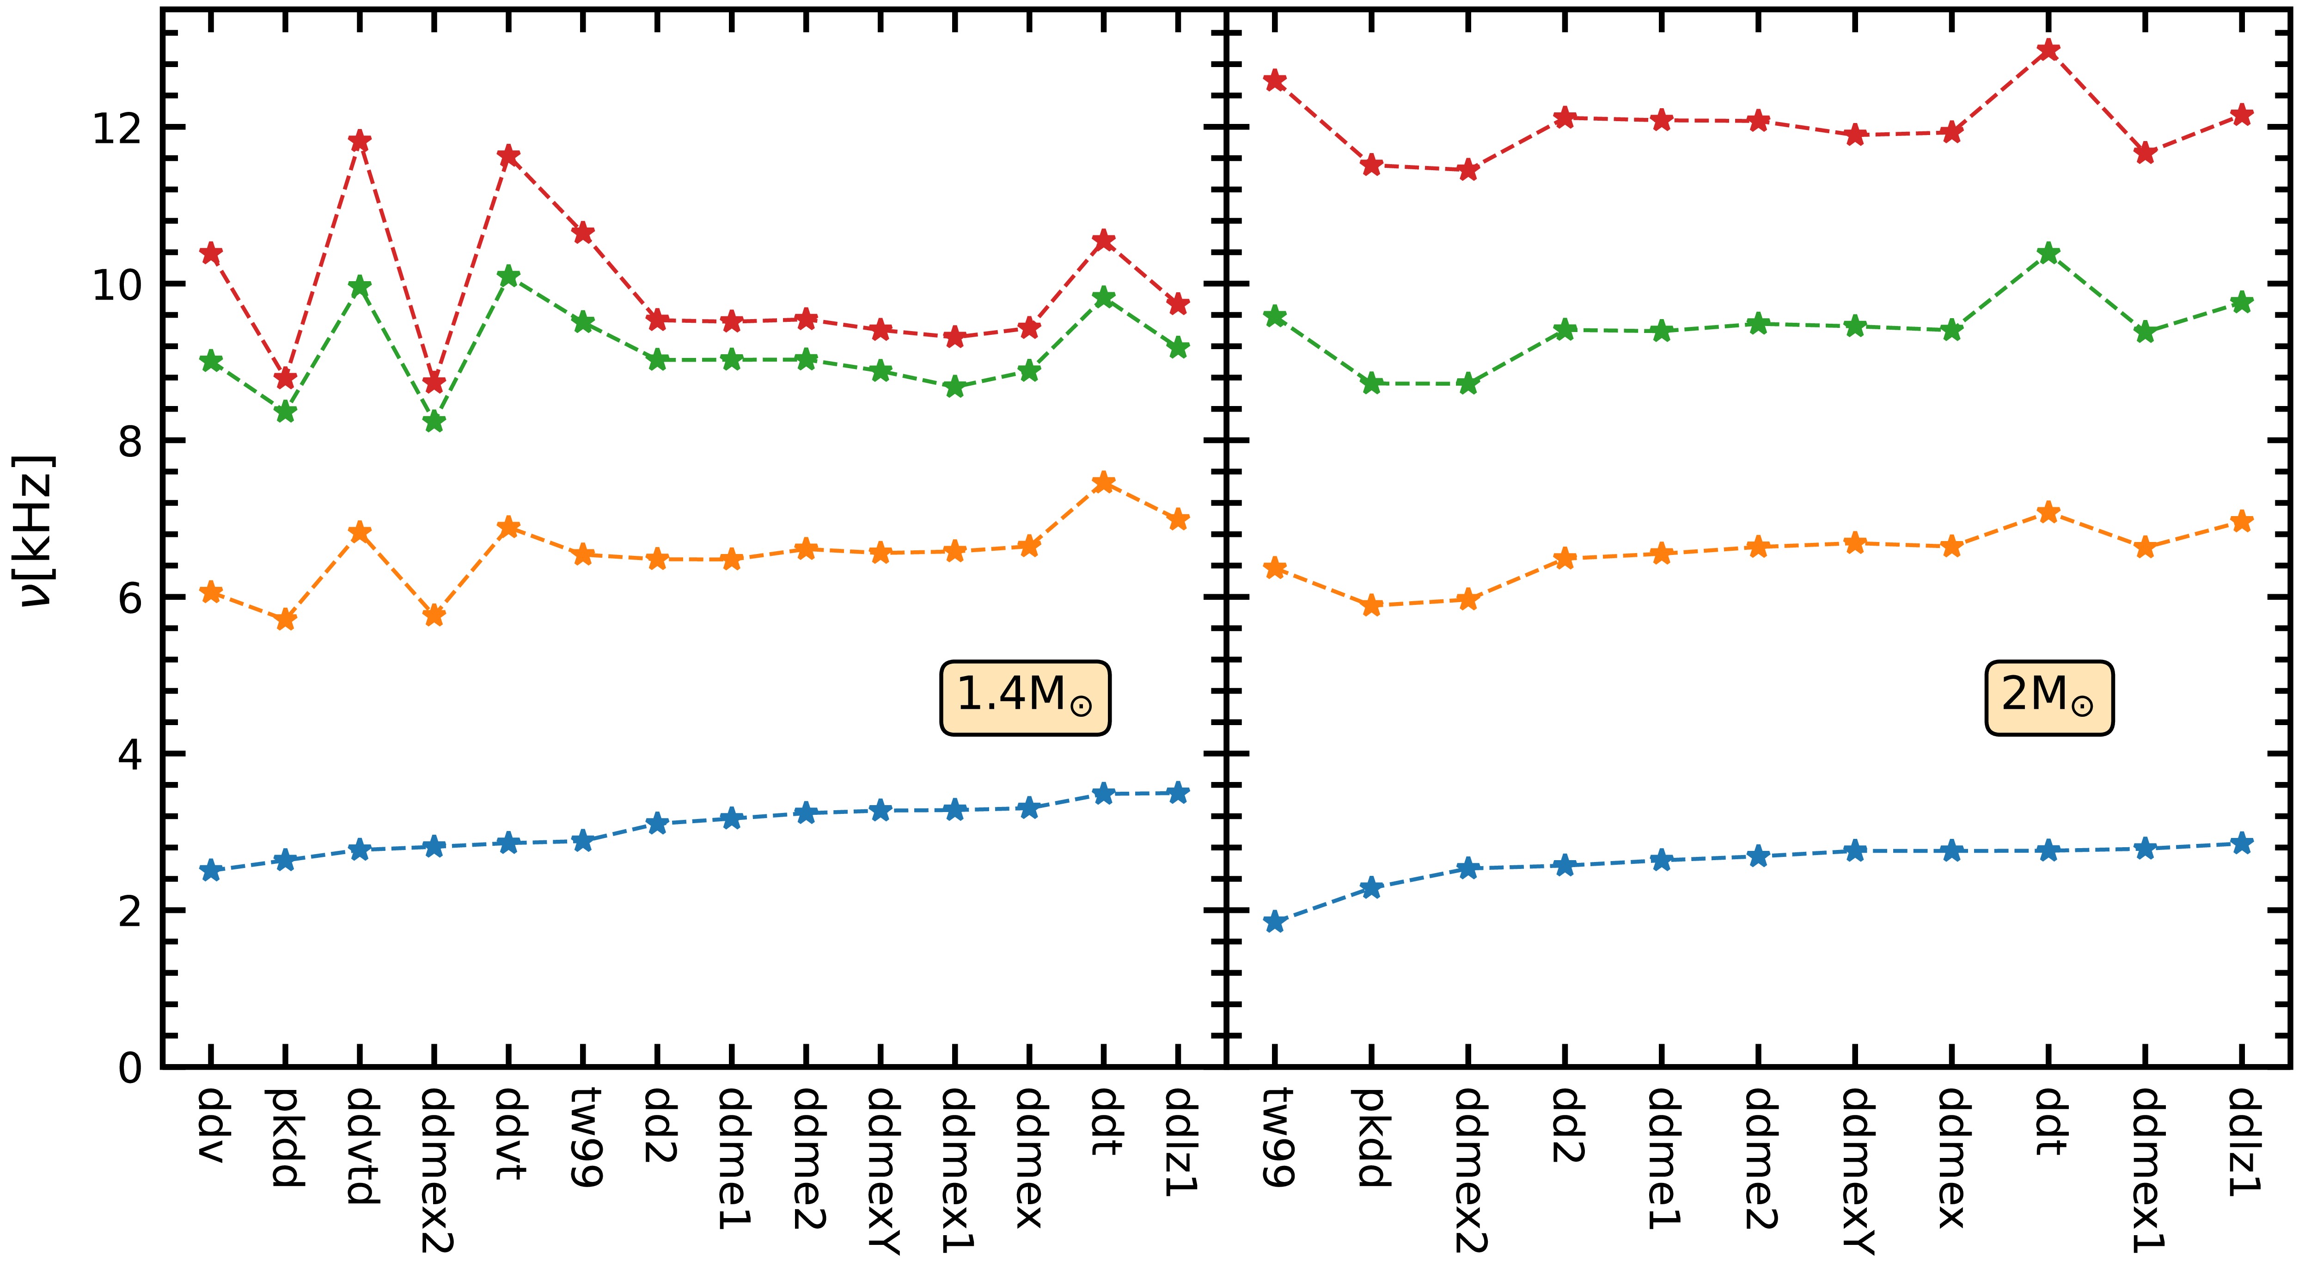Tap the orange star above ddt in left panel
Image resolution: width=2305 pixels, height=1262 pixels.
point(1104,483)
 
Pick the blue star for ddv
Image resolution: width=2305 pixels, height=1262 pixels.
point(211,870)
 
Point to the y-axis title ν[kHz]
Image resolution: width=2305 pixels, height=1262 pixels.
point(37,532)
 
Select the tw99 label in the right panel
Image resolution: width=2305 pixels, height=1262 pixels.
point(1275,1137)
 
